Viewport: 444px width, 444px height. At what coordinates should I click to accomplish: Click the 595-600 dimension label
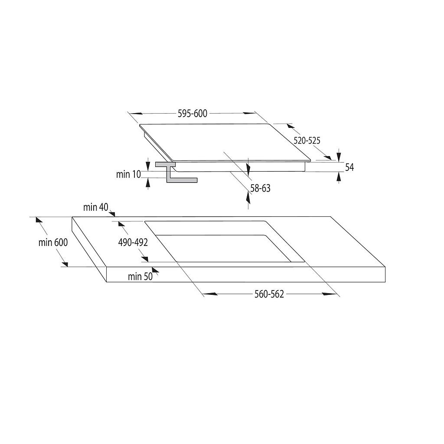193,114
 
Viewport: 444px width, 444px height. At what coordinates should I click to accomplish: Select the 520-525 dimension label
307,140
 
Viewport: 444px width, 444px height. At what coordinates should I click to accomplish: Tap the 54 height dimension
349,167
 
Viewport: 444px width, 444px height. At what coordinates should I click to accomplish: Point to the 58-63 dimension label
260,188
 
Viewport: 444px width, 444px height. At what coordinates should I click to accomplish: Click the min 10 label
128,174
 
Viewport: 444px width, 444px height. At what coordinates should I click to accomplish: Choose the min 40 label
96,207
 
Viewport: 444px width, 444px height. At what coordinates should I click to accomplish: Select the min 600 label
53,242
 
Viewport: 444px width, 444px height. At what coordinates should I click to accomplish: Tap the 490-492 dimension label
133,242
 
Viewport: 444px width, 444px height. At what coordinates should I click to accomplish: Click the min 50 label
140,277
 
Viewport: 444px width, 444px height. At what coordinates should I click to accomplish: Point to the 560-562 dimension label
269,294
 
